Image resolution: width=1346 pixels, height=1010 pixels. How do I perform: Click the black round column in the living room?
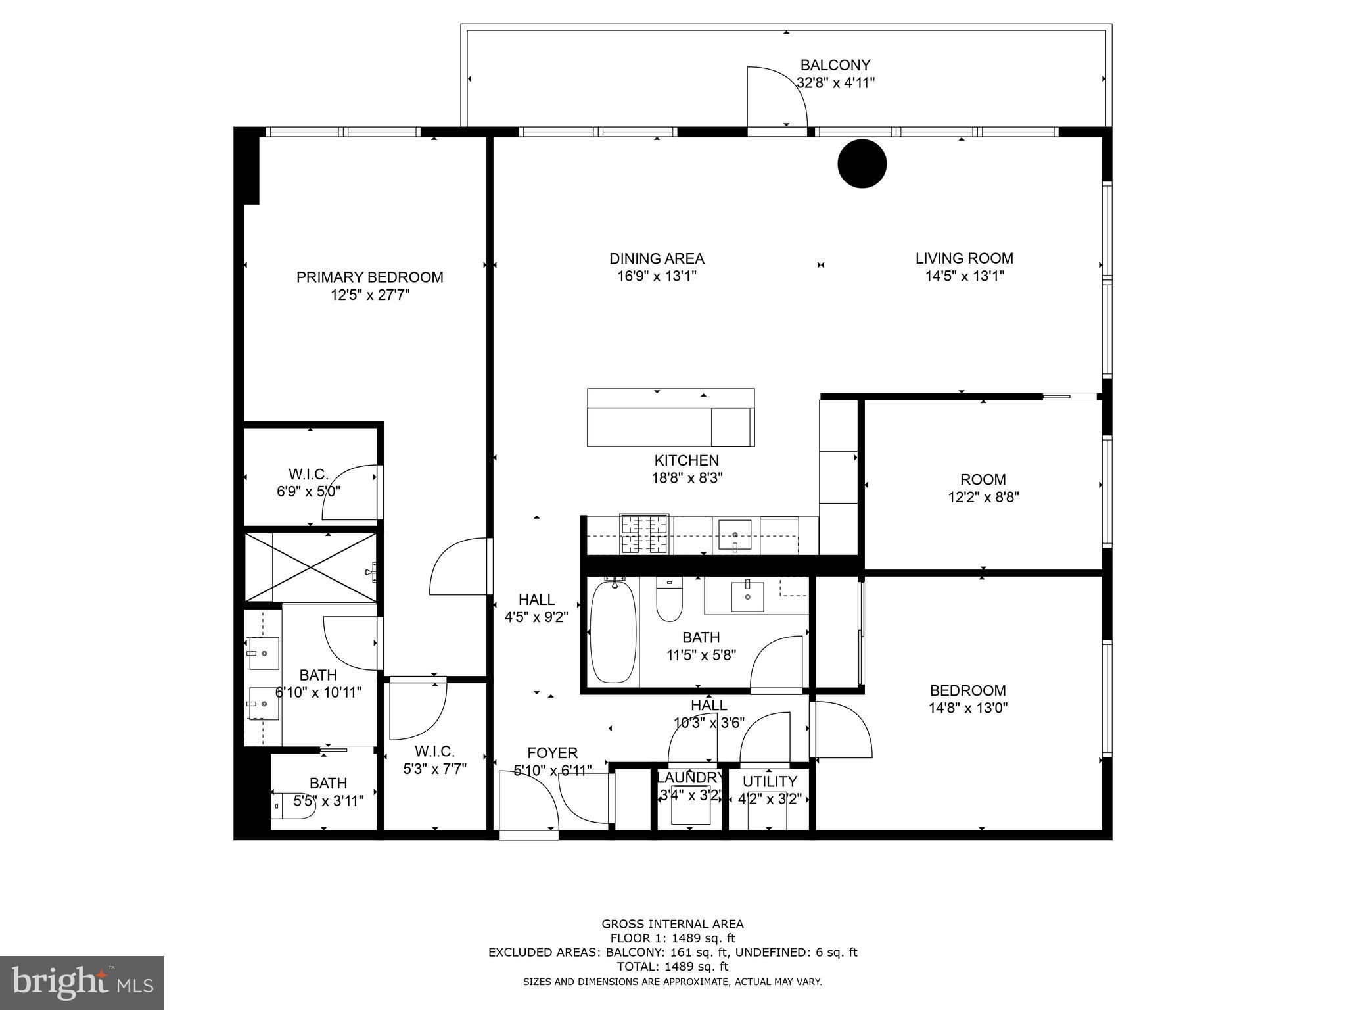tap(862, 164)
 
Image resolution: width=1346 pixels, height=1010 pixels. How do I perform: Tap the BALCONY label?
tap(835, 66)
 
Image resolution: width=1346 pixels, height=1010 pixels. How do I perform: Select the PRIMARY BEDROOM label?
tap(369, 277)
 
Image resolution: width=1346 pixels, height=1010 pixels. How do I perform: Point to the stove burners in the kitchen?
tap(645, 534)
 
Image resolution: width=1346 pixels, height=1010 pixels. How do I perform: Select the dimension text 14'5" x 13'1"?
tap(964, 276)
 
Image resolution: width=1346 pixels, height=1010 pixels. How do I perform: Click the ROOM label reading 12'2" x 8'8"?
tap(983, 479)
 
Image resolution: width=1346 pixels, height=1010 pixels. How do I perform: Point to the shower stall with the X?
tap(310, 567)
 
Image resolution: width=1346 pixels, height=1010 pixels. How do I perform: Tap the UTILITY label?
tap(770, 781)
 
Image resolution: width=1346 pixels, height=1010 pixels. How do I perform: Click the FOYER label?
tap(552, 753)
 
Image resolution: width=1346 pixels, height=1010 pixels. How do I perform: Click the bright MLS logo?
tap(81, 982)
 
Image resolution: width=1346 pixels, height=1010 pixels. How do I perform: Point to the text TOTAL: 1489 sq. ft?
tap(672, 966)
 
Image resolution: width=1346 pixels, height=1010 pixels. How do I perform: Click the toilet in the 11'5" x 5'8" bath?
tap(669, 600)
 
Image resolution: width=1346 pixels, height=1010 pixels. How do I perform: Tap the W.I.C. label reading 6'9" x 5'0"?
tap(308, 474)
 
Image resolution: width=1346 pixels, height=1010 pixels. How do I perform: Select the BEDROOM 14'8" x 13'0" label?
tap(967, 690)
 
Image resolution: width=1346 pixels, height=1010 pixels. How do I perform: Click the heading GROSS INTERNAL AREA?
tap(672, 924)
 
